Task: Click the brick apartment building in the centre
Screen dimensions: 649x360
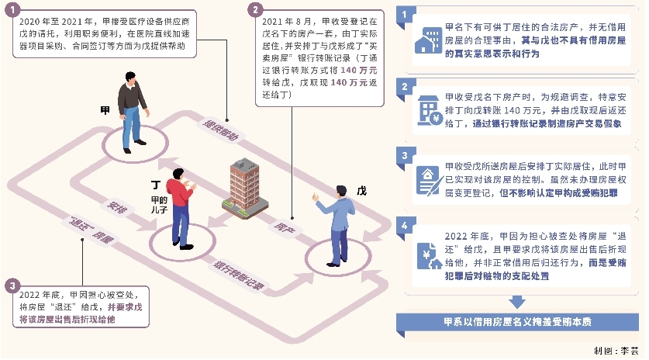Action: pos(244,188)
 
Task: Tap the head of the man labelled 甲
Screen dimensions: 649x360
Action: pos(130,78)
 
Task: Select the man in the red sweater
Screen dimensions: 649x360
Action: pos(181,209)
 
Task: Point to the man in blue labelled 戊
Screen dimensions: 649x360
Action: pos(337,226)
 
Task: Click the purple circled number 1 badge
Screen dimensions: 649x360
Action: pos(12,9)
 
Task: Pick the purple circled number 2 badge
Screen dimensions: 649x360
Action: pos(255,9)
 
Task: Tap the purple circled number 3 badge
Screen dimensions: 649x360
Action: pos(12,286)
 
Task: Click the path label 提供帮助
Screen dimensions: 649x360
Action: pos(221,130)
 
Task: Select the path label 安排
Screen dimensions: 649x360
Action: pos(117,206)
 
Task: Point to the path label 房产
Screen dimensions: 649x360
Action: pos(285,227)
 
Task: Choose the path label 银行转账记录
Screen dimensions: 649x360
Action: pos(238,275)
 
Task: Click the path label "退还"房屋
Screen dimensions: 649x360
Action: pos(91,230)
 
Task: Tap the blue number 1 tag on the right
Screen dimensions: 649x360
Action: pos(405,16)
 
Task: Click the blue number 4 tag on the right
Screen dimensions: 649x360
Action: pos(405,226)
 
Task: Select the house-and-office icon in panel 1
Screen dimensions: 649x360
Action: pos(428,40)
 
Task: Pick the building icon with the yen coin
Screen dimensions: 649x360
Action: pos(430,111)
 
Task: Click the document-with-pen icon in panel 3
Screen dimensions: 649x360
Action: pos(427,180)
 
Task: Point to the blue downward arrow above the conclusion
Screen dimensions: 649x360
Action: pos(517,302)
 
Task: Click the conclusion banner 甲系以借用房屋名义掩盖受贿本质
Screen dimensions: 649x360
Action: pos(517,322)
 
